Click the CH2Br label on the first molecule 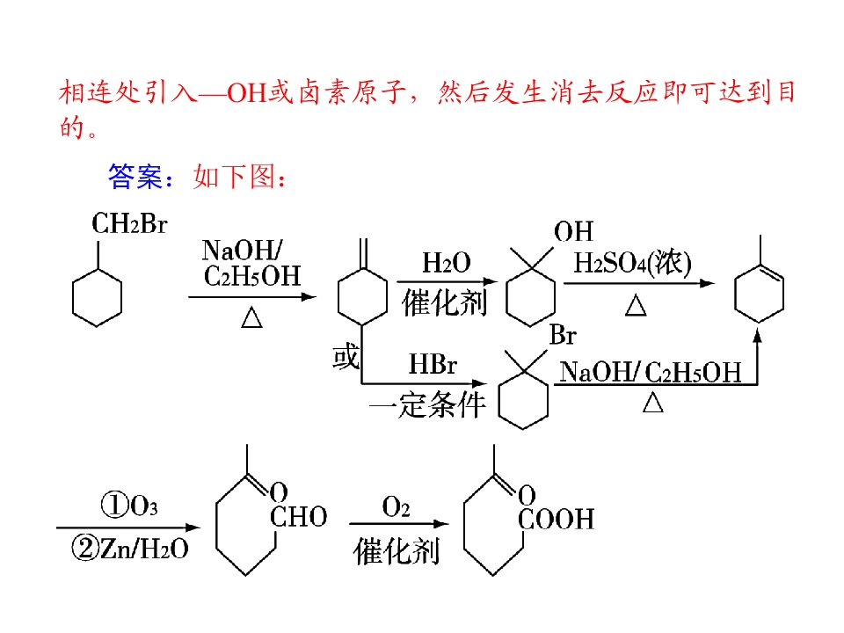(129, 223)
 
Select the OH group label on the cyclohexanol (573, 231)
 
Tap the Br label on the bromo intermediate (563, 335)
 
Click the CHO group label (299, 517)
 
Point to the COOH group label (556, 520)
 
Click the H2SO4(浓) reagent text (632, 263)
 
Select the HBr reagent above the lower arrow (433, 364)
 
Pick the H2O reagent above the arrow (447, 263)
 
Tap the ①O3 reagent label (130, 506)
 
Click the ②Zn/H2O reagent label (130, 549)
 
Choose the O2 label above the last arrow (396, 506)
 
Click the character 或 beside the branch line (346, 357)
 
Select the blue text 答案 (135, 176)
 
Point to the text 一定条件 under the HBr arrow (428, 404)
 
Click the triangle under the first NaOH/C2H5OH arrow (251, 317)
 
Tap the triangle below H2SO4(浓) (636, 305)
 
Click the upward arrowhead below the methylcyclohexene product (757, 336)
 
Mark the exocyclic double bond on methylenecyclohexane (363, 253)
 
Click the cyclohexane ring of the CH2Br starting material (97, 298)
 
